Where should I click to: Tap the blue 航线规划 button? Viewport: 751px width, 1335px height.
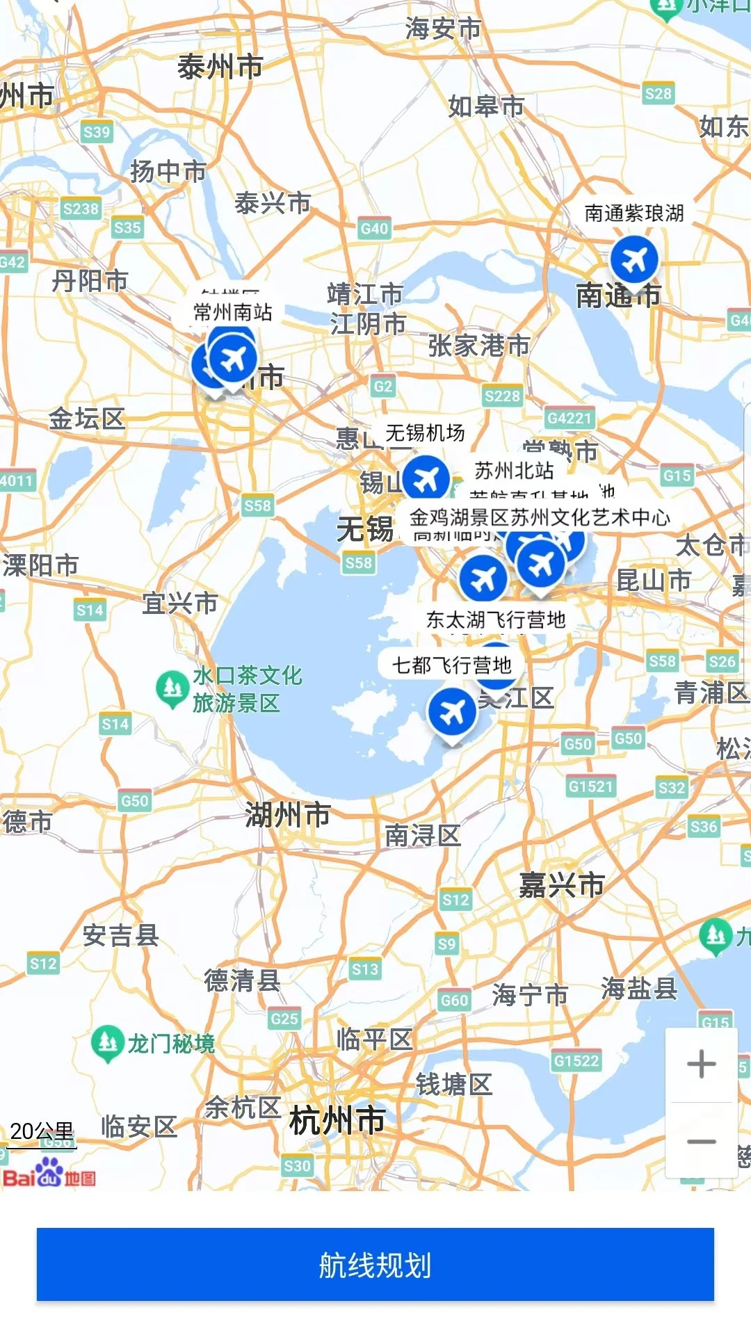pos(375,1264)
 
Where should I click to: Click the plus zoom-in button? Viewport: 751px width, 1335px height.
pos(701,1064)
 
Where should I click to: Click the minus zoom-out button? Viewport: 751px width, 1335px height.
pos(701,1141)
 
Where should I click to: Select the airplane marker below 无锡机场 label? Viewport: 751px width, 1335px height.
pos(426,479)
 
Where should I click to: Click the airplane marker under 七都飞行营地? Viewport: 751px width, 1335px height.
pos(452,712)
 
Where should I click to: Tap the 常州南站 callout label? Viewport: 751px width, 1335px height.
pos(232,311)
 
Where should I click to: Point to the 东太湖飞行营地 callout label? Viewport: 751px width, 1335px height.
pos(495,620)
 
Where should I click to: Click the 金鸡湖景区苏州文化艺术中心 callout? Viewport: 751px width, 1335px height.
pos(540,517)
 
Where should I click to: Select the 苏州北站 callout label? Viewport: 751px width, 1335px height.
pos(514,471)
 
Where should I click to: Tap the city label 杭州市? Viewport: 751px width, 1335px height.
pos(337,1120)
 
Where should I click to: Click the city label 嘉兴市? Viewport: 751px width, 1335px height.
pos(561,885)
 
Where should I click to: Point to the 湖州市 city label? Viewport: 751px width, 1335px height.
pos(287,814)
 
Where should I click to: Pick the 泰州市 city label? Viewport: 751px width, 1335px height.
pos(220,67)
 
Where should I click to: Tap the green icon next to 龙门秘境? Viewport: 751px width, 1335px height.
pos(107,1042)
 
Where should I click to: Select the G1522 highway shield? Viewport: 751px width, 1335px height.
pos(576,1060)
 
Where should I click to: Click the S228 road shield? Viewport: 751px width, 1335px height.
pos(502,396)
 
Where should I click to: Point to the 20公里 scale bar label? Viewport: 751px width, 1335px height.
pos(42,1131)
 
